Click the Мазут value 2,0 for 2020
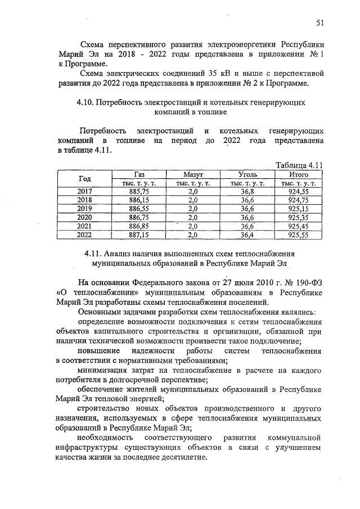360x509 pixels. pyautogui.click(x=193, y=217)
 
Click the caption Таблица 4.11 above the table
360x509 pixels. pyautogui.click(x=298, y=165)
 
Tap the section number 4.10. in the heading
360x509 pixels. pyautogui.click(x=85, y=103)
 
